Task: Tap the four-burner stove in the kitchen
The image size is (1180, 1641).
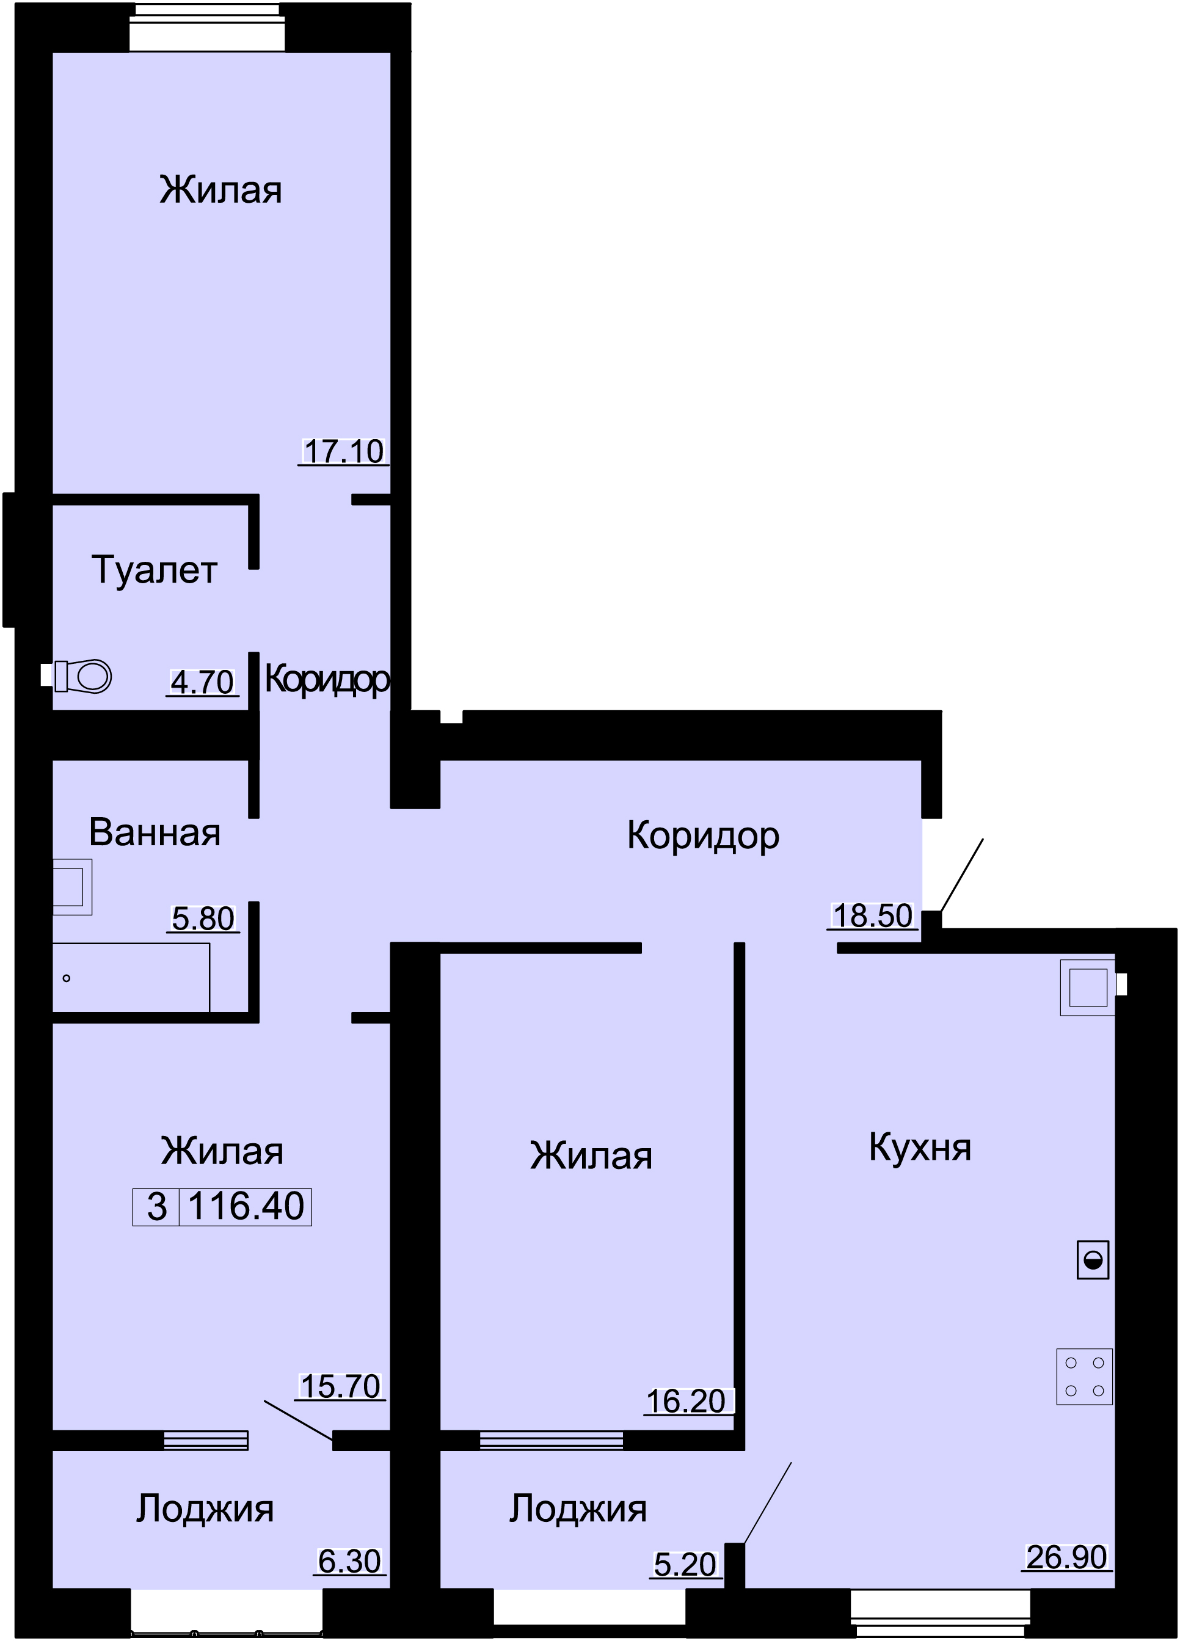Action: [1083, 1376]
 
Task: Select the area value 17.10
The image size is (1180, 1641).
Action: [344, 451]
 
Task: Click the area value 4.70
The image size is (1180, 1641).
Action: [203, 682]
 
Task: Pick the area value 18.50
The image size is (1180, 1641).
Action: [873, 915]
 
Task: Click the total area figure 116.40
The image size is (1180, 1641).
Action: [246, 1206]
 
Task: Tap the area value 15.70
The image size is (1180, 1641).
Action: [341, 1386]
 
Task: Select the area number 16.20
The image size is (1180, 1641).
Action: [686, 1401]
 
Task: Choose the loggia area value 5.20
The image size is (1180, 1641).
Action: [685, 1564]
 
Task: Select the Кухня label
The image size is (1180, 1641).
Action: [920, 1147]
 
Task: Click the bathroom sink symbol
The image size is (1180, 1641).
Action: [72, 887]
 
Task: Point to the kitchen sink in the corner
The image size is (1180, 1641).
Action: [1087, 987]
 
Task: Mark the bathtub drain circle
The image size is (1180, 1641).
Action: [67, 979]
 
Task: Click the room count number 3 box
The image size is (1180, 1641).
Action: [156, 1206]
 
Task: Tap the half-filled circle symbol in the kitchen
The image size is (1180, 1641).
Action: [1093, 1260]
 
